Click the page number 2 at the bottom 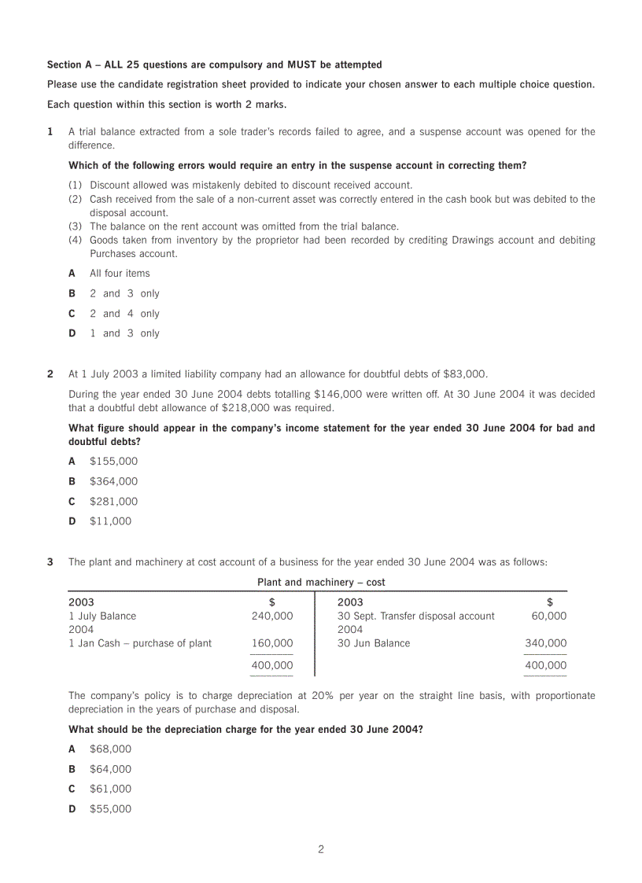pos(320,849)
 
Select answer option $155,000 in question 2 pos(113,462)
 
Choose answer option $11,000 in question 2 pos(110,521)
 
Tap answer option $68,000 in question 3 pos(110,749)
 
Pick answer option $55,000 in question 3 pos(110,809)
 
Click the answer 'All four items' pos(119,274)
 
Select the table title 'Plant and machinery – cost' pos(321,583)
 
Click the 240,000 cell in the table pos(272,616)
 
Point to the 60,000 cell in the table pos(548,616)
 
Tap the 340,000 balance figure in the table pos(545,643)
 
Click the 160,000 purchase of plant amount pos(272,643)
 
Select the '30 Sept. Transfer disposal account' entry pos(416,616)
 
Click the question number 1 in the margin pos(50,132)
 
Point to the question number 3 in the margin pos(50,562)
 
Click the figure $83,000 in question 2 pos(464,374)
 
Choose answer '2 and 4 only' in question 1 pos(124,314)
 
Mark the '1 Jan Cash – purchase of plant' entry pos(140,643)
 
